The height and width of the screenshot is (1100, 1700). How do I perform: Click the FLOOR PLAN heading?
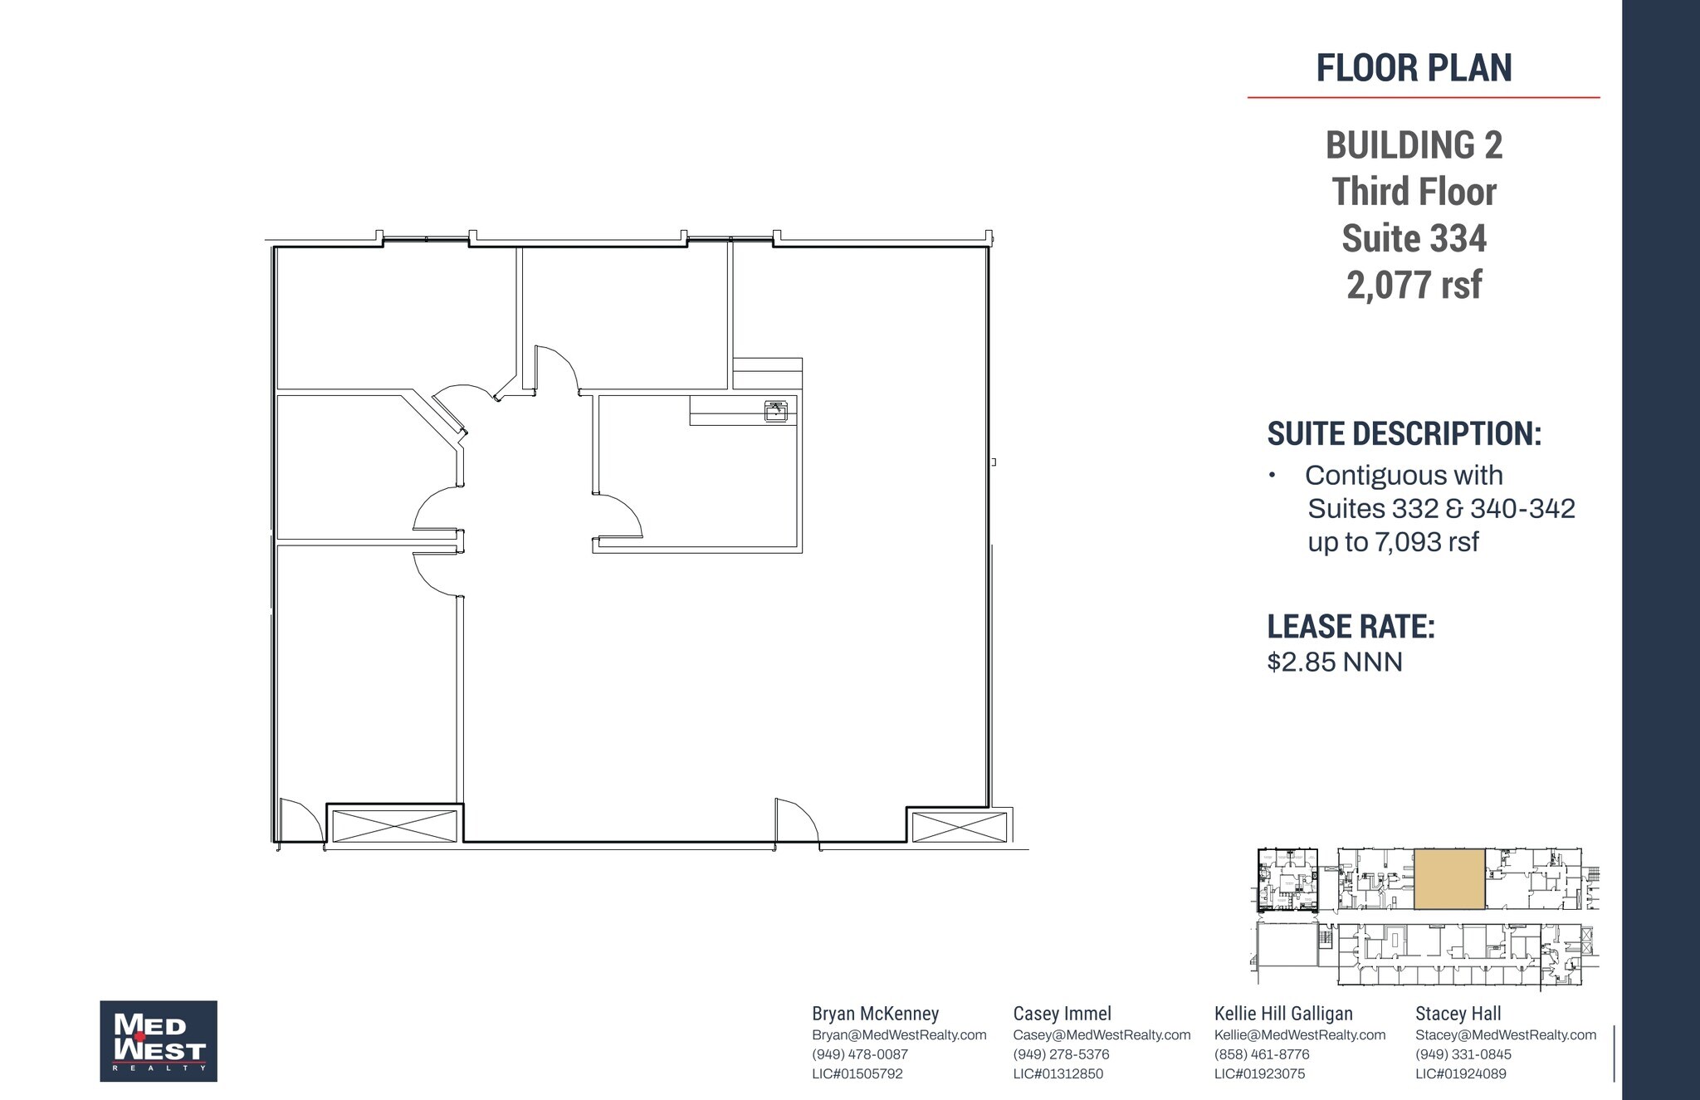[1414, 68]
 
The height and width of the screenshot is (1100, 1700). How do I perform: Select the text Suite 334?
[1414, 238]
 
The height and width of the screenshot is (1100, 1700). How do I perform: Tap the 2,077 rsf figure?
[1414, 285]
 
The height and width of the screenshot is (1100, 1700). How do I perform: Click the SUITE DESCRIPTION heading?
[1404, 433]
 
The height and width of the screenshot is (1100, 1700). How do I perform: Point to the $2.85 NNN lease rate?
[1334, 662]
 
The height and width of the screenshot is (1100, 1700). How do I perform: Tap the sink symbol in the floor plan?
[775, 410]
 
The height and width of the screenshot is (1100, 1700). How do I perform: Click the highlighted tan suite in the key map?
[1449, 878]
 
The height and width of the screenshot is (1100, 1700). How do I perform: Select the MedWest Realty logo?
[159, 1040]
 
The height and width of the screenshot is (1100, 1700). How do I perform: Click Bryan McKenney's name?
[875, 1014]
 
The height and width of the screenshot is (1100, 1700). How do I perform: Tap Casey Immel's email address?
[1102, 1035]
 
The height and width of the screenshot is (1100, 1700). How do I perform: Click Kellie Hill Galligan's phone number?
[1261, 1054]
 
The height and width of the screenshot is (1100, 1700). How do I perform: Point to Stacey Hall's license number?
[1460, 1073]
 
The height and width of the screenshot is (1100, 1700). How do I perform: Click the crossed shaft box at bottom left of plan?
[394, 826]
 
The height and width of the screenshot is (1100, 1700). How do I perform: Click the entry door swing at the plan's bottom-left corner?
[299, 822]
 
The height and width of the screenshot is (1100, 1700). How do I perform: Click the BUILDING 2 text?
[1414, 145]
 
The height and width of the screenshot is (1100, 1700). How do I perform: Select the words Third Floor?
[1414, 192]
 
